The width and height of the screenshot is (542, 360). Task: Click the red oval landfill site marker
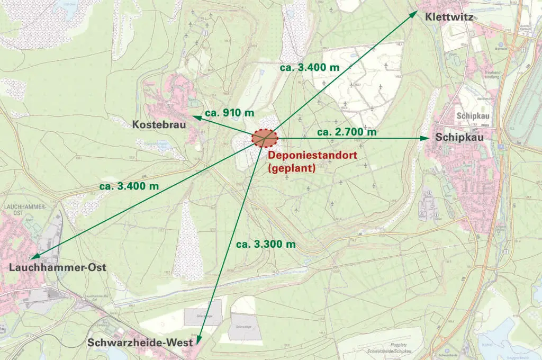coord(265,138)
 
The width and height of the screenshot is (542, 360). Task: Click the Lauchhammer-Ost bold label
coord(58,268)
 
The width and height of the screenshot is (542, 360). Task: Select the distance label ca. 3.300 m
coord(266,244)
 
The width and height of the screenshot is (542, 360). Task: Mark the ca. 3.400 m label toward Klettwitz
coord(309,68)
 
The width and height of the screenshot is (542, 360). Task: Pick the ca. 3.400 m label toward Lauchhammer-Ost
coord(129,186)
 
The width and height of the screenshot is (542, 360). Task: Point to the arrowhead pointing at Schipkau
coord(424,138)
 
